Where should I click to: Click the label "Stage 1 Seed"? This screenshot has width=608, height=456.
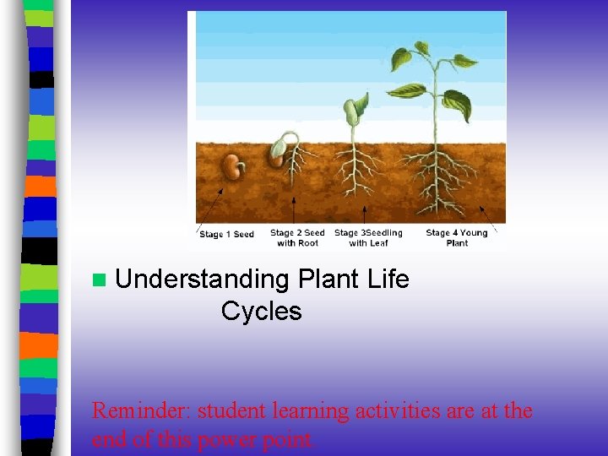[x=226, y=234]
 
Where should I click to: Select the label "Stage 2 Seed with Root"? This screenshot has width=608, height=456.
[x=297, y=237]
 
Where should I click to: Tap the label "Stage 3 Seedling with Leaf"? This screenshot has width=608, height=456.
[x=368, y=237]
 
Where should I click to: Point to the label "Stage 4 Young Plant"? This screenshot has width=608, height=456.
[x=456, y=237]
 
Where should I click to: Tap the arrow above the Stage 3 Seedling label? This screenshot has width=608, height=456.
[x=364, y=214]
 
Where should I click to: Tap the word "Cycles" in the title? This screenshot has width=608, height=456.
[x=261, y=311]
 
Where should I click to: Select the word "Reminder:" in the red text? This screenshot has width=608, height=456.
[x=140, y=411]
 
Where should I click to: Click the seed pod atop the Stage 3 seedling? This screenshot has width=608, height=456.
[x=352, y=112]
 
